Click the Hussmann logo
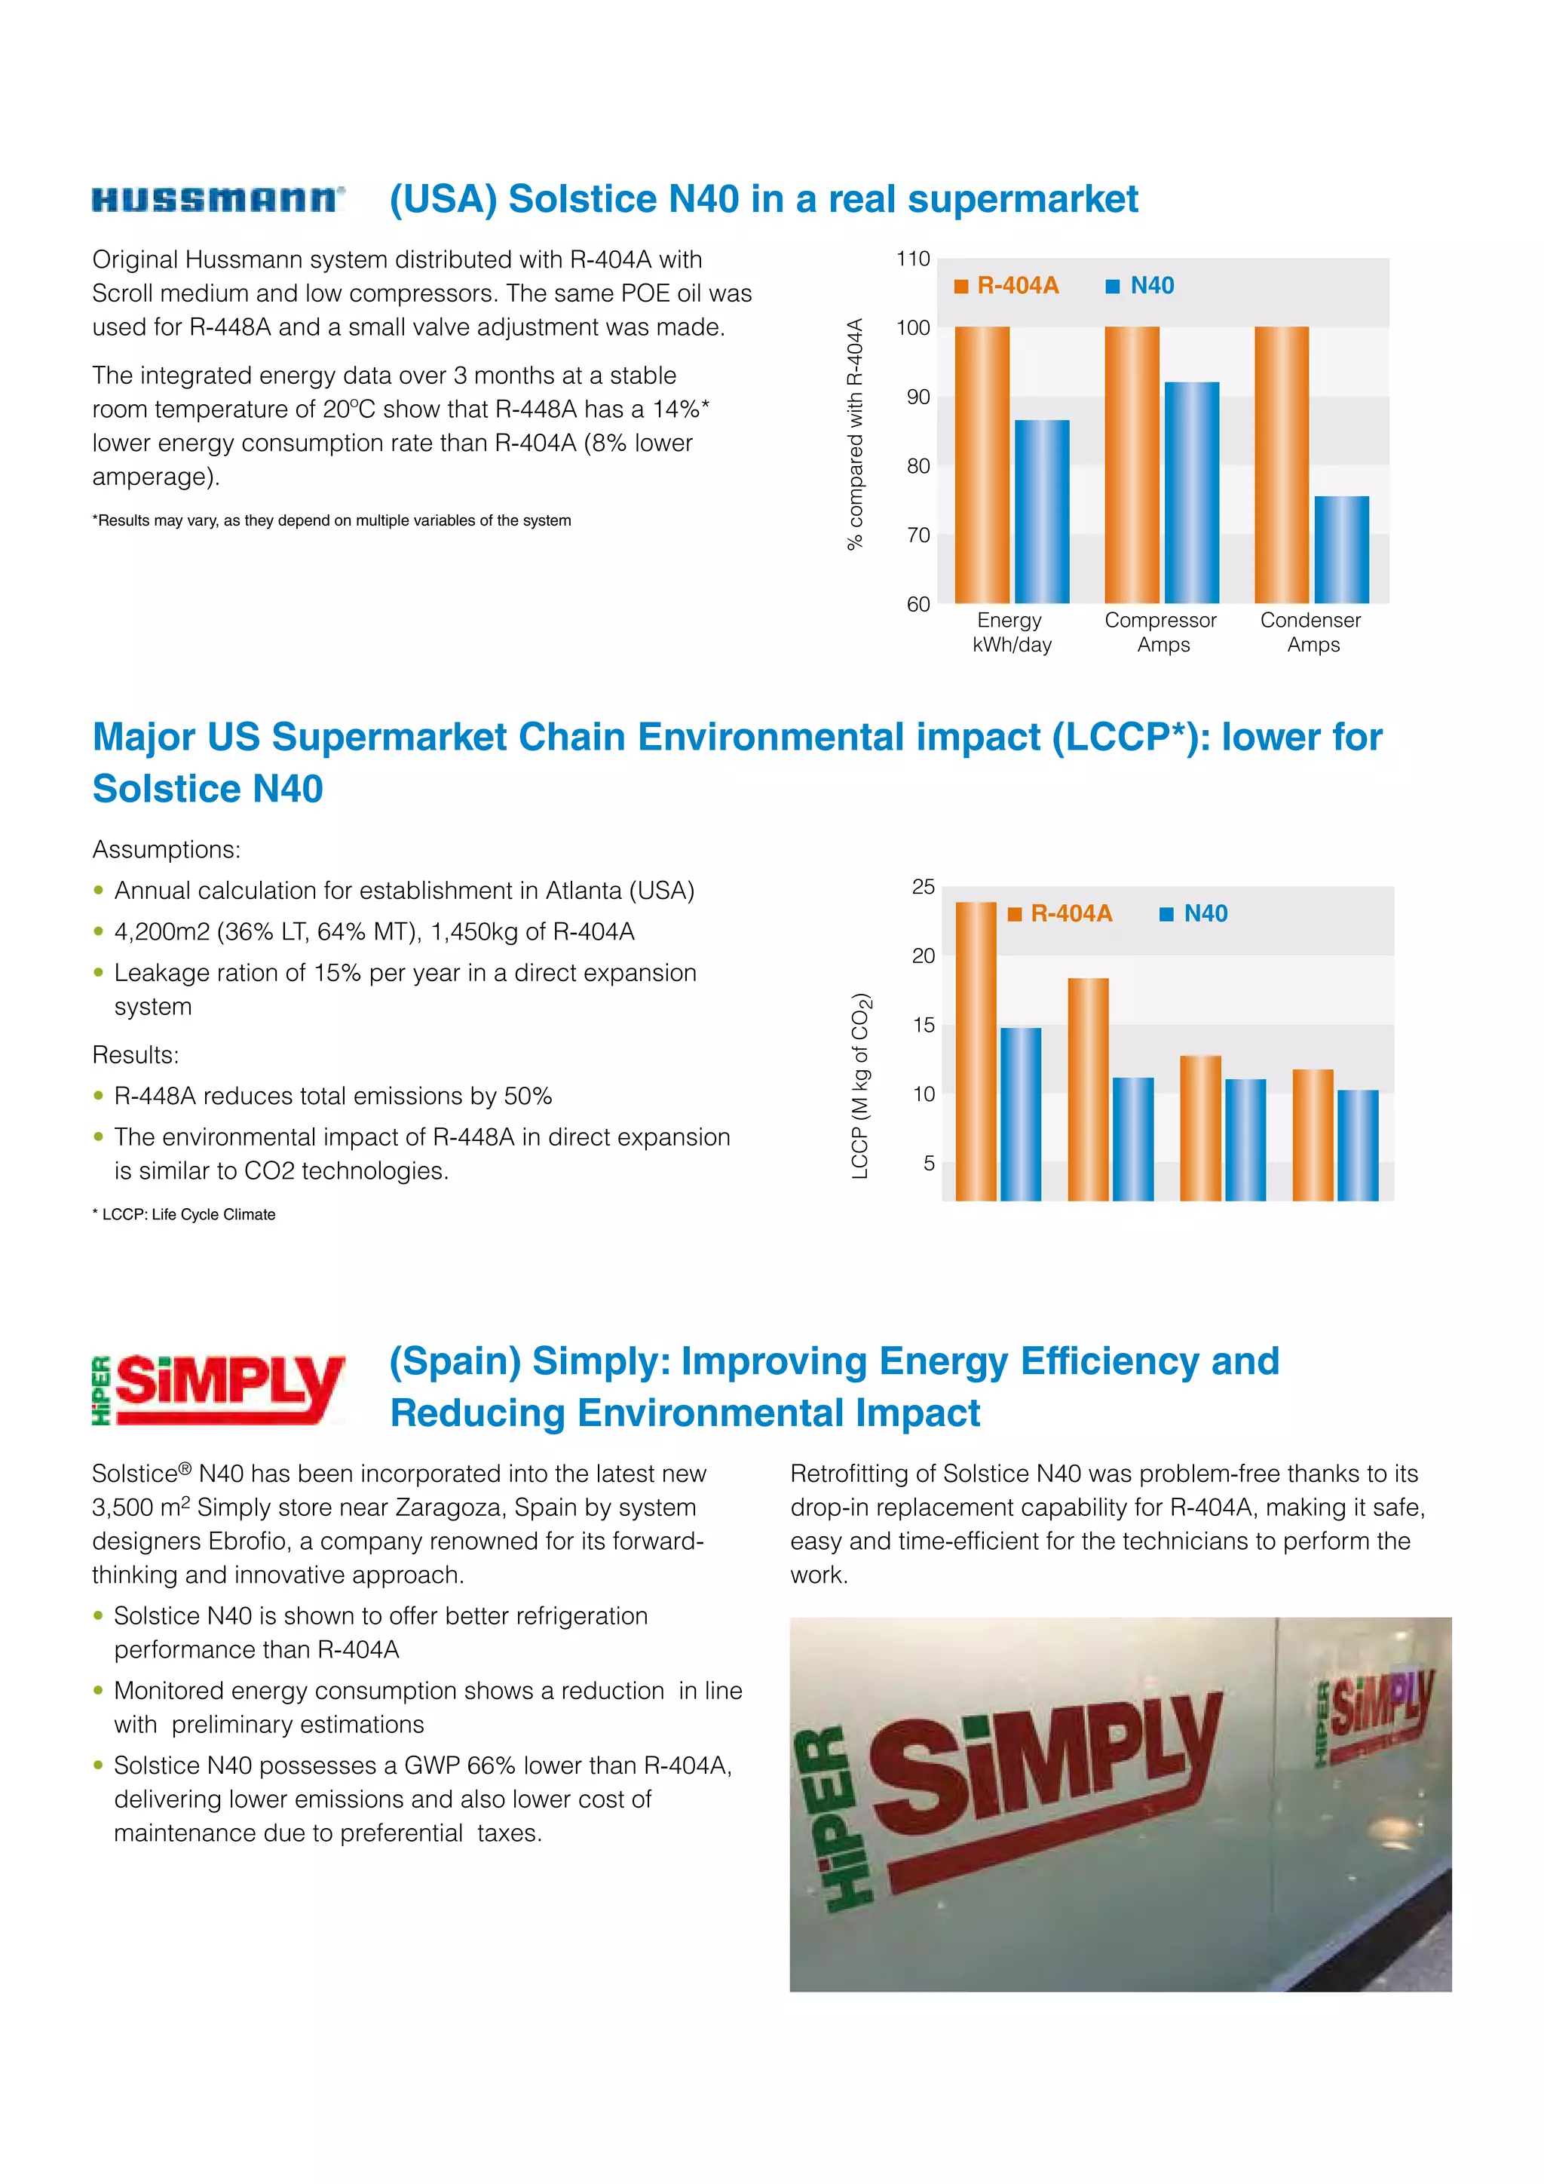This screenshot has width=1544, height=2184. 218,199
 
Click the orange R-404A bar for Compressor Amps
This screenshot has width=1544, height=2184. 1132,465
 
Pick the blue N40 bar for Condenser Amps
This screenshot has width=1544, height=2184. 1341,549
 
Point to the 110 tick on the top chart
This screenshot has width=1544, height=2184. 913,259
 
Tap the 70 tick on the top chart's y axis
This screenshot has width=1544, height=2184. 918,535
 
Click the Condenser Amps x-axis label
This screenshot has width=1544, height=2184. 1311,633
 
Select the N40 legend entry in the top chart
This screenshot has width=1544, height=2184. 1141,285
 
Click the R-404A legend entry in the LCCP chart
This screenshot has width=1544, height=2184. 1060,913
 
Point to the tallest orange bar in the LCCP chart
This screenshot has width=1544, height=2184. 976,1051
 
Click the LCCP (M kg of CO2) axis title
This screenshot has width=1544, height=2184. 860,1085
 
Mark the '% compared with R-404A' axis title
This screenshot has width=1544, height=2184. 855,434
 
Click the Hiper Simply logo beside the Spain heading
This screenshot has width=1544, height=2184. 218,1389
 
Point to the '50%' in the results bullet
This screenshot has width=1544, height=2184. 528,1097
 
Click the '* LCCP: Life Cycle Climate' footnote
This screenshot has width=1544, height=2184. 185,1215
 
